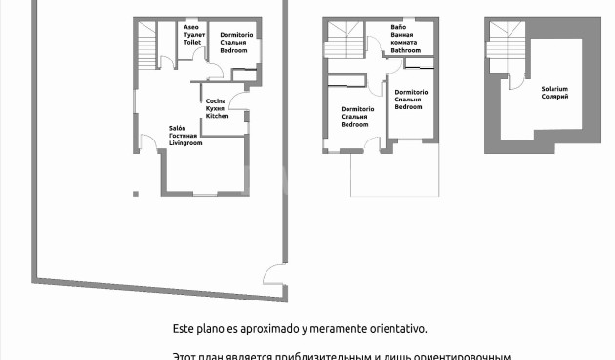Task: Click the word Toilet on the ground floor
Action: pos(192,43)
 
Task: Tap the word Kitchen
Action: pos(218,116)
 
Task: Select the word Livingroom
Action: pos(185,143)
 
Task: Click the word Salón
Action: pos(178,128)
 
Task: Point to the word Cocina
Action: pos(217,100)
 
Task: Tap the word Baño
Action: pos(398,27)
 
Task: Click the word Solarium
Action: pos(554,89)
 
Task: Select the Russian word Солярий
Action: pos(554,97)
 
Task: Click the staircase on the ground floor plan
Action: pos(147,43)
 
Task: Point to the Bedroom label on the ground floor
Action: pos(231,51)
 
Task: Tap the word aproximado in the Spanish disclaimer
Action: pos(278,330)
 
